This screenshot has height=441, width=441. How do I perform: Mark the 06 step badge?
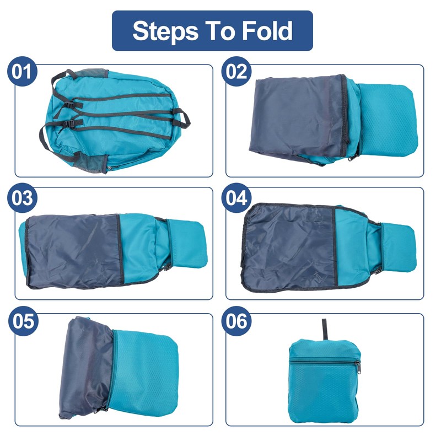pyautogui.click(x=236, y=322)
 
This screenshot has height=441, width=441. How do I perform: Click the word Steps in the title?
pyautogui.click(x=165, y=31)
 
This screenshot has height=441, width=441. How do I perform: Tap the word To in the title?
pyautogui.click(x=222, y=31)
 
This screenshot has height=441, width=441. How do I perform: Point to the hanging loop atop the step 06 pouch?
pyautogui.click(x=324, y=329)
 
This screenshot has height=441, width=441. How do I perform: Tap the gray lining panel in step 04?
pyautogui.click(x=289, y=245)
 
